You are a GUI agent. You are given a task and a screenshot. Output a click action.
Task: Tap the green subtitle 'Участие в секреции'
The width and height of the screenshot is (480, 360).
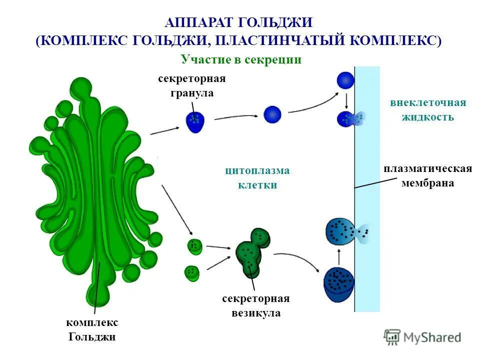pos(241,59)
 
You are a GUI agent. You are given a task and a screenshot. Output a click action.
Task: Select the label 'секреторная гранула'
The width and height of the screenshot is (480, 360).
pos(192,86)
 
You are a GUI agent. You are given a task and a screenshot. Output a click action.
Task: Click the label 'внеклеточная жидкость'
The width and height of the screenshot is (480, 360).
pos(428,110)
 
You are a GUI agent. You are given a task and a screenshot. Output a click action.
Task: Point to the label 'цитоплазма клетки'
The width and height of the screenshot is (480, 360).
pos(257,177)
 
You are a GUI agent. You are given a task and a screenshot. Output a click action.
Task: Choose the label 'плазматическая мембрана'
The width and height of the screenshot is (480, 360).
pos(427,175)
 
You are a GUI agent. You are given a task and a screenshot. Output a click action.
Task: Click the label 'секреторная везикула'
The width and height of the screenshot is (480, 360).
pos(256,306)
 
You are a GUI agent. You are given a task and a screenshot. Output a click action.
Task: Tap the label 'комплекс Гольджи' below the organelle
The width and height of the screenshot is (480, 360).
pos(92,329)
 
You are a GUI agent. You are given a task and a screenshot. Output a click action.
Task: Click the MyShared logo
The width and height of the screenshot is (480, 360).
pos(422,337)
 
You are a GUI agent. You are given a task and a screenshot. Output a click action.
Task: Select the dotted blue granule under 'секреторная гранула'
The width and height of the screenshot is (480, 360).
pos(195,121)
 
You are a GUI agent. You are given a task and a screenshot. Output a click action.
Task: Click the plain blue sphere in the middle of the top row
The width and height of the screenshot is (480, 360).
pos(272,114)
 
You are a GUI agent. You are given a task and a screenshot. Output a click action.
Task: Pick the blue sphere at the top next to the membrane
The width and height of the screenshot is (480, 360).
pos(345,80)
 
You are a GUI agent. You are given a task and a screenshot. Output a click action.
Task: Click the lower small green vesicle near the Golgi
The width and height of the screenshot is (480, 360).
pos(191,272)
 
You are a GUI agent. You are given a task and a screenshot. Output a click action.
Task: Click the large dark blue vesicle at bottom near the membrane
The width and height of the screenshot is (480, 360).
pos(339,285)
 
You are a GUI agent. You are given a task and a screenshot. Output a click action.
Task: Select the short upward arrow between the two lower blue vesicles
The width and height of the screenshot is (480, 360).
pos(339,257)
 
